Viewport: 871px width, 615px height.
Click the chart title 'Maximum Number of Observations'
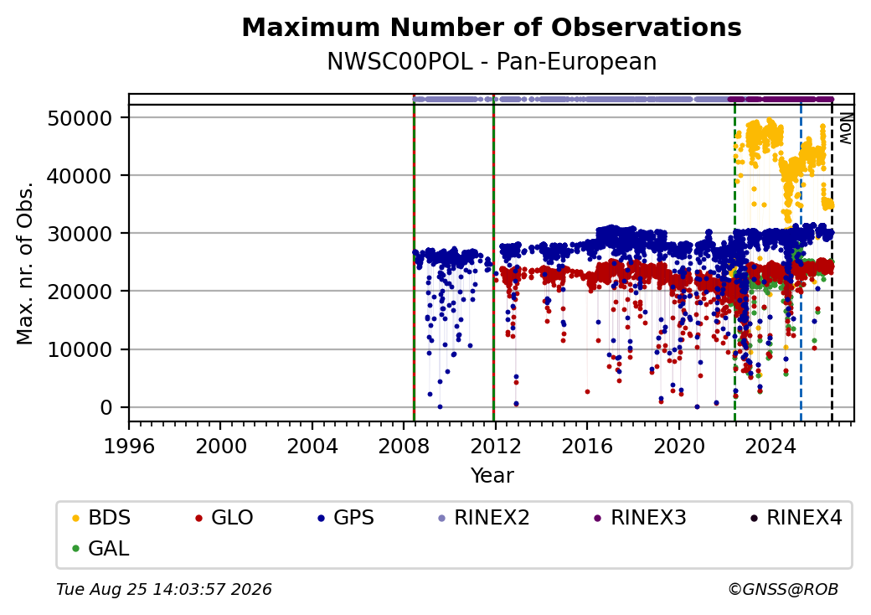(492, 27)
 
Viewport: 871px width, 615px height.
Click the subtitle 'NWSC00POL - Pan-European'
(492, 61)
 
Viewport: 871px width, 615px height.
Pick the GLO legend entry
(224, 518)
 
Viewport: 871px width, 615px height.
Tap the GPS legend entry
(346, 518)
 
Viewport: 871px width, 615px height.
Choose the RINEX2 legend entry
(483, 518)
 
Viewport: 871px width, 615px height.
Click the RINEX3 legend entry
(640, 518)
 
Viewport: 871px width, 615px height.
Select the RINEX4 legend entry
(796, 518)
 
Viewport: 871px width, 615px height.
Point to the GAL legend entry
(100, 548)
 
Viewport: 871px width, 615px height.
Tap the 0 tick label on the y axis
(106, 408)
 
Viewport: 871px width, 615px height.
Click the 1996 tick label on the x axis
(130, 446)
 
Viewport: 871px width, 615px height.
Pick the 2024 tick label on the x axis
(770, 446)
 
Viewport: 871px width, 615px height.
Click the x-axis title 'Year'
(492, 476)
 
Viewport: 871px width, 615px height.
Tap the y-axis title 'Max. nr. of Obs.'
(25, 263)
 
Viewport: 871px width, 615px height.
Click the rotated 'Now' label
(845, 128)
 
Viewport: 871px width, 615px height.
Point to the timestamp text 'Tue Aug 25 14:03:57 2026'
(164, 589)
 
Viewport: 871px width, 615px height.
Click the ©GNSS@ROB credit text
(783, 589)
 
